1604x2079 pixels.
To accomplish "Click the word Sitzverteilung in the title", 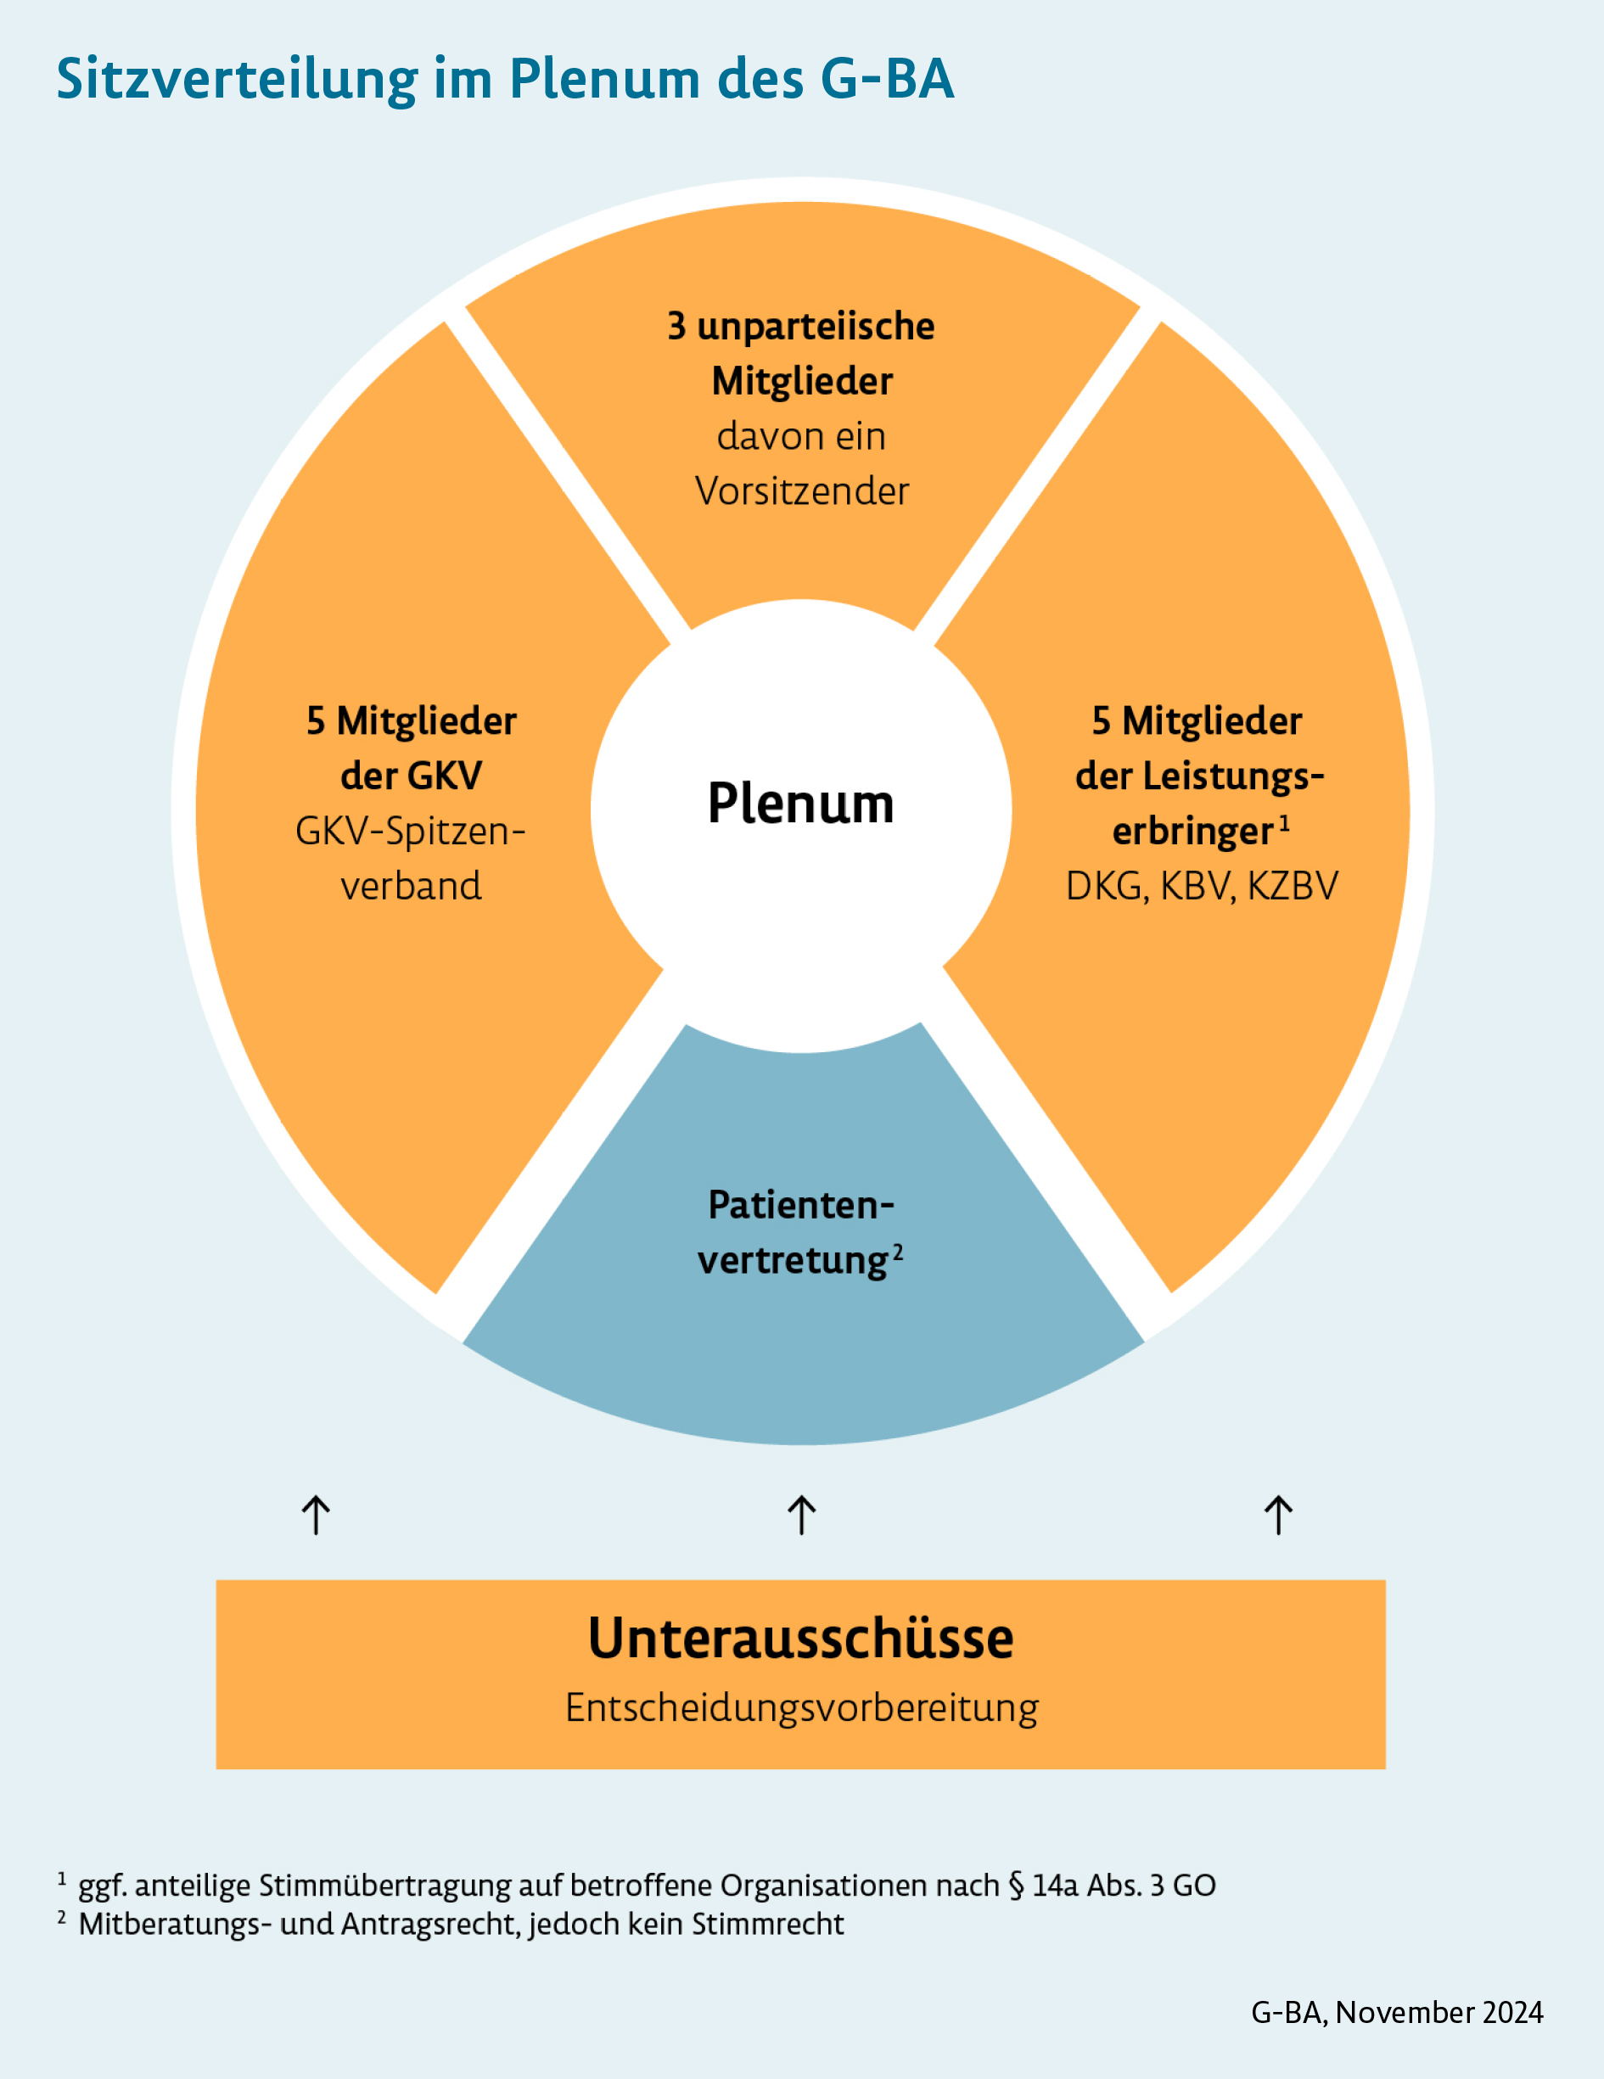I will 236,80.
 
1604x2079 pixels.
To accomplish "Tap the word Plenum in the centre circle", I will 800,804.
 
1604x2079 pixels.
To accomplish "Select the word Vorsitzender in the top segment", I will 801,492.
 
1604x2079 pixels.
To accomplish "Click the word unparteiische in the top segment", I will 816,327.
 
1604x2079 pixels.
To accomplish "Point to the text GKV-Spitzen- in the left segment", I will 410,832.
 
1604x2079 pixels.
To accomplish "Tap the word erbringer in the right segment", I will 1192,832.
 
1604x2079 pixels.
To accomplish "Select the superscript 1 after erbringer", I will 1284,823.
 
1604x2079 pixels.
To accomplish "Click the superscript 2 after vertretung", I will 898,1252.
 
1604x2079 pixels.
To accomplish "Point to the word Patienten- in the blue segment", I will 800,1206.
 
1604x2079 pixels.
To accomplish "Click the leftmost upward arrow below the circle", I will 316,1515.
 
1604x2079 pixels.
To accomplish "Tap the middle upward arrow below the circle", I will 801,1515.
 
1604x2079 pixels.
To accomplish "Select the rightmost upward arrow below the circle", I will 1278,1515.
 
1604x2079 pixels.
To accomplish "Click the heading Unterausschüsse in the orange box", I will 800,1639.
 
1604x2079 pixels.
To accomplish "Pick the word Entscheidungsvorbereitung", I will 801,1707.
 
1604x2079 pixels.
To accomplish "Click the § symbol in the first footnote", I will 1016,1886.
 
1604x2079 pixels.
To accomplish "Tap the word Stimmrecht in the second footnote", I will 767,1925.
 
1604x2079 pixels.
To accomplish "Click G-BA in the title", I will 886,80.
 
